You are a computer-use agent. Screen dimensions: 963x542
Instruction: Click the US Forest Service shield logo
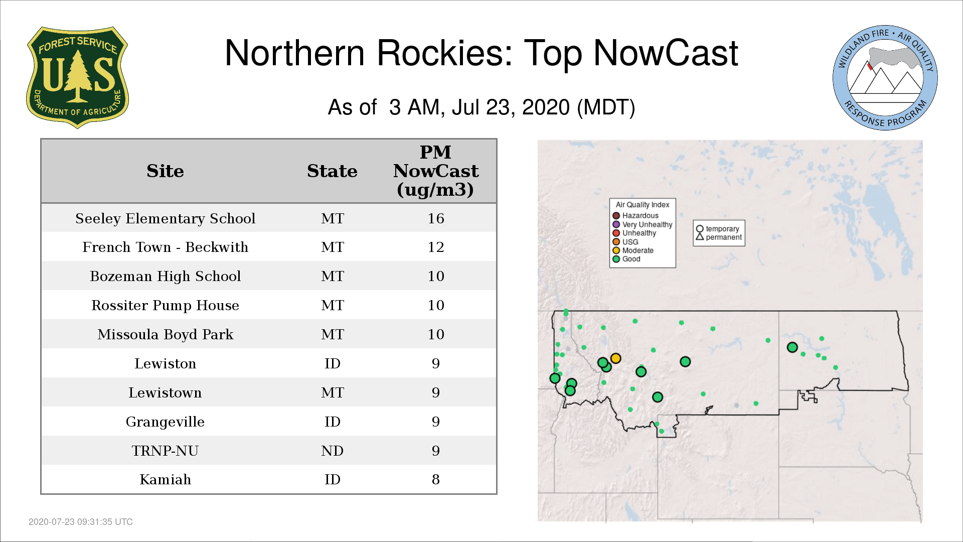click(x=77, y=78)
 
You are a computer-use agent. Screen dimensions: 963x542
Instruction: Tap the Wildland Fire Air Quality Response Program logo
click(x=885, y=78)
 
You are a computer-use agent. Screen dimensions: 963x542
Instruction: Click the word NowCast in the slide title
click(x=666, y=53)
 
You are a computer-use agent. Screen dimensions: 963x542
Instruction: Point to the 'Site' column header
click(x=165, y=171)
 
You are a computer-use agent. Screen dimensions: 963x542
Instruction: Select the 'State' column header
click(x=332, y=171)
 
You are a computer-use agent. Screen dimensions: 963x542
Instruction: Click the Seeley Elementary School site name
click(x=165, y=218)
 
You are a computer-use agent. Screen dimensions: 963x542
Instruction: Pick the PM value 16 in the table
click(x=436, y=218)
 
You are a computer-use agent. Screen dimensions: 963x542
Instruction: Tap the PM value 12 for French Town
click(x=436, y=247)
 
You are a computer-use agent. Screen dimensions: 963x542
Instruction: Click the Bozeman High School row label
click(x=165, y=276)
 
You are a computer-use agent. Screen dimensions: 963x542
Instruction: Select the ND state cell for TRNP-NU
click(x=332, y=451)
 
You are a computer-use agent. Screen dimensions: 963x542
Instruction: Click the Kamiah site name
click(x=165, y=480)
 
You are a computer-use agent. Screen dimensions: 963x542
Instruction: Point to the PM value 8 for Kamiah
click(x=436, y=480)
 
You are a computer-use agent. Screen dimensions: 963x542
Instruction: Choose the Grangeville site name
click(x=165, y=422)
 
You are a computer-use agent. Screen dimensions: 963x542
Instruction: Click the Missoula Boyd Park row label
click(x=165, y=334)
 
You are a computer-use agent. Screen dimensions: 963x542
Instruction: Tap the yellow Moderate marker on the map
click(x=616, y=358)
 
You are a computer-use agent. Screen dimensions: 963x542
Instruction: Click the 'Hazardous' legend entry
click(x=635, y=216)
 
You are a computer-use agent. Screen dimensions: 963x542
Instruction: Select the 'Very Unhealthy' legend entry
click(x=643, y=224)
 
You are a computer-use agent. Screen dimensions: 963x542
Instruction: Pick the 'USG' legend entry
click(x=625, y=242)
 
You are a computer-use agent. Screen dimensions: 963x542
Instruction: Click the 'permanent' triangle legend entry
click(x=719, y=237)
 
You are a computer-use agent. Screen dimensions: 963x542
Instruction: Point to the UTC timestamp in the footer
click(x=81, y=522)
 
